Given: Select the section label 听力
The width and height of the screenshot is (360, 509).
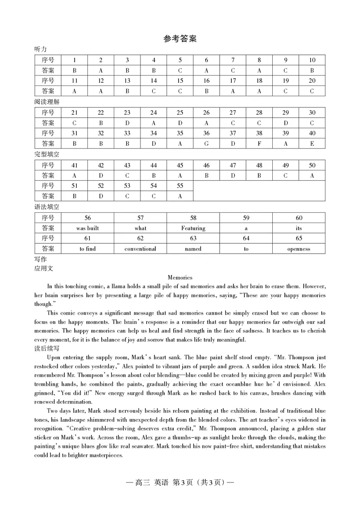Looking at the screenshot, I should pos(40,49).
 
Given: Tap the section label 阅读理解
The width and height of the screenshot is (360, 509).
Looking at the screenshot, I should pos(47,102).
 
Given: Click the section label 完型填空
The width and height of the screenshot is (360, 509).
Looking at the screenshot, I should pos(47,154).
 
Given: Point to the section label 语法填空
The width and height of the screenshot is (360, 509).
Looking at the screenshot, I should pos(47,207).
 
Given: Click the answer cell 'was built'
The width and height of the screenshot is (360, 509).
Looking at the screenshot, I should pos(87,228).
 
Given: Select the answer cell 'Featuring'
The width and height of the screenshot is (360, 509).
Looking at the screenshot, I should pos(193,228).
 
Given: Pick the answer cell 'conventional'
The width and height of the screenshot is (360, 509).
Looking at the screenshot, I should pos(140,249).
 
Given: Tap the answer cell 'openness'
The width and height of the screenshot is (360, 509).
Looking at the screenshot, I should pos(299,249).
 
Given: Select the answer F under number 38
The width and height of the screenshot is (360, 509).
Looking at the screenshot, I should pos(259,143).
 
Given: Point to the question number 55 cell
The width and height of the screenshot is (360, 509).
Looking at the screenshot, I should pos(180,186).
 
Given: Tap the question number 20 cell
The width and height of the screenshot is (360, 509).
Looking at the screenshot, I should pos(312,80).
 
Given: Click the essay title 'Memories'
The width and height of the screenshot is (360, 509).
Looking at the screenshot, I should pos(180,277).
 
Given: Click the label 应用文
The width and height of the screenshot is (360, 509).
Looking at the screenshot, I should pos(44,268).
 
